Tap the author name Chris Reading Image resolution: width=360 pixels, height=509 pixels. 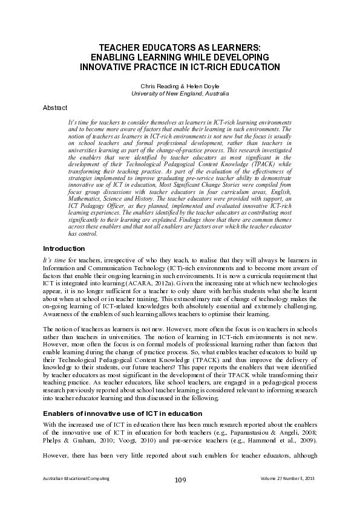(x=157, y=86)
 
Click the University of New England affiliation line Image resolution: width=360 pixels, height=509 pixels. (x=180, y=94)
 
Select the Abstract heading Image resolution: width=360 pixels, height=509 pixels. (x=56, y=108)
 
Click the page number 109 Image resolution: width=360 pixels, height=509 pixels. (x=180, y=480)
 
